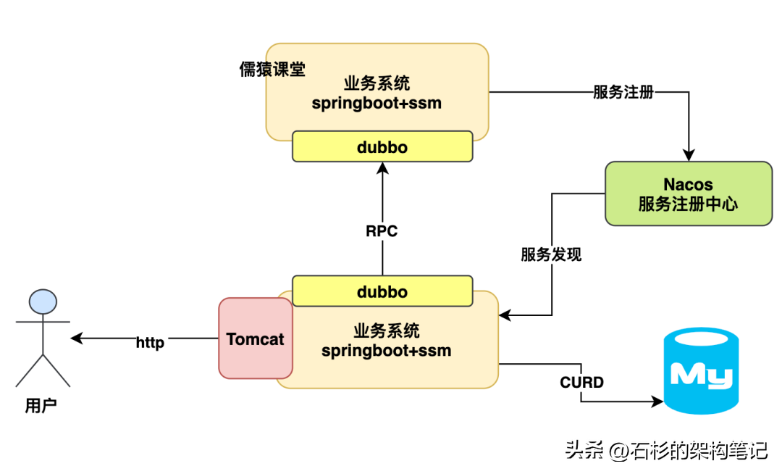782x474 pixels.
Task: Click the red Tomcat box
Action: click(255, 338)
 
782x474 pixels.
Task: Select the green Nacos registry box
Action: click(688, 194)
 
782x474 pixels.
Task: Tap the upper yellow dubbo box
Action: click(382, 147)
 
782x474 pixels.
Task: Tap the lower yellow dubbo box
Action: click(382, 292)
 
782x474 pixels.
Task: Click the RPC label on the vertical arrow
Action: click(382, 232)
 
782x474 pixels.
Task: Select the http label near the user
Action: click(150, 343)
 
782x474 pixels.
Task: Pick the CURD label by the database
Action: click(581, 382)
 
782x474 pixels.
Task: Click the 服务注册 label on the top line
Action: click(623, 92)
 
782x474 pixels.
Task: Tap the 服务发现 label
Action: click(550, 255)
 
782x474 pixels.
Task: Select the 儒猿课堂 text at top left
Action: click(272, 70)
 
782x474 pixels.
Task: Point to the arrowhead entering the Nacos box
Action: click(688, 154)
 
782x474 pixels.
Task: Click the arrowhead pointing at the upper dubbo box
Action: click(382, 168)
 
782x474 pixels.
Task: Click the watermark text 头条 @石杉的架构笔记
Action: click(665, 451)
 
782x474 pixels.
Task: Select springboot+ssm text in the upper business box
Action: click(377, 103)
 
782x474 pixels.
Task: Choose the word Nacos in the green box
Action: click(688, 184)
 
